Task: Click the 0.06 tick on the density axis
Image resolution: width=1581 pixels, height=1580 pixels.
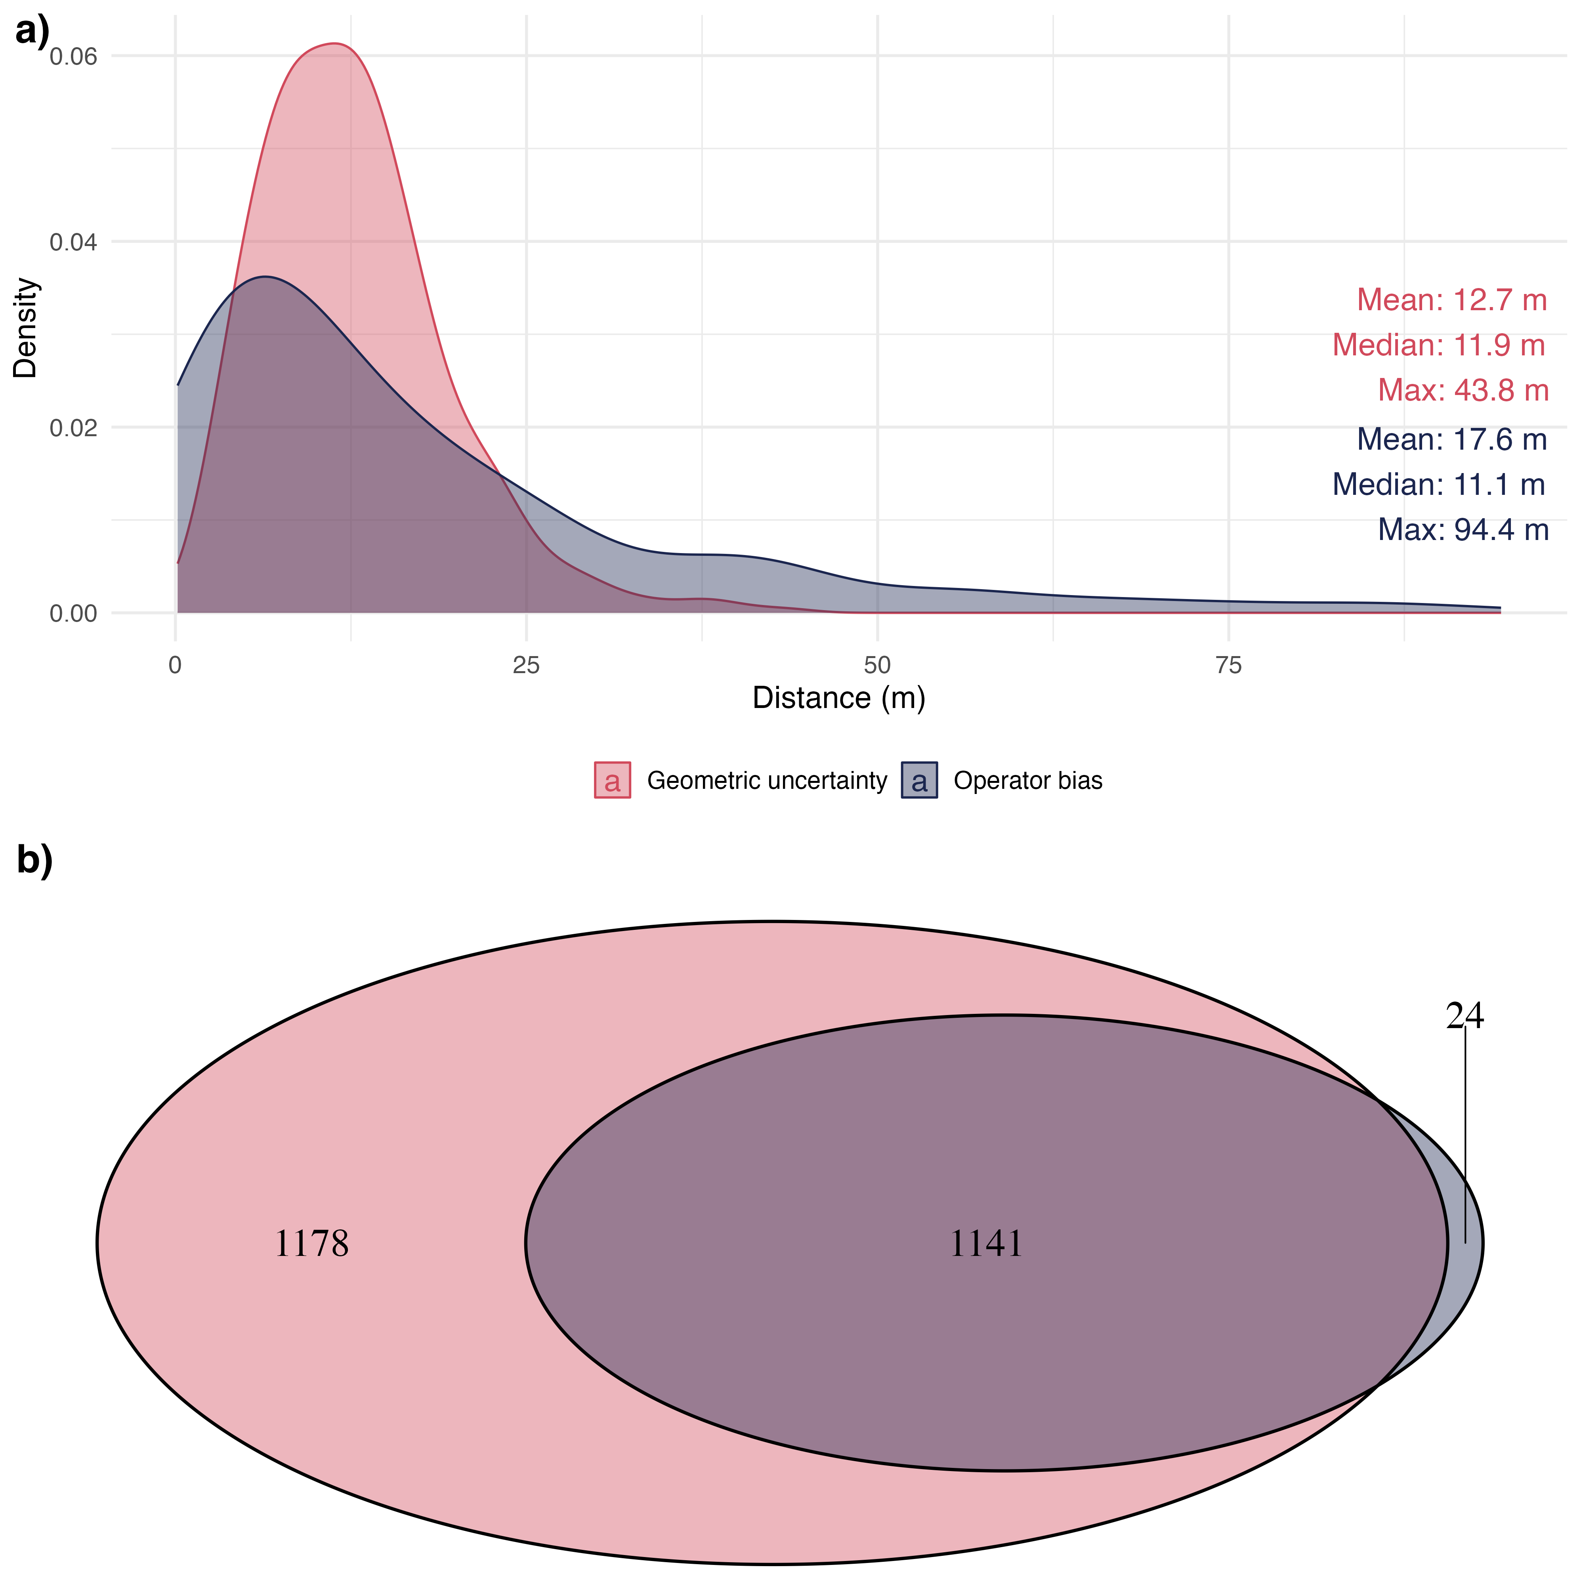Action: click(x=74, y=57)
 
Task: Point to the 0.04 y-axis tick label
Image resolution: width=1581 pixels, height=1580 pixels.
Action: click(x=74, y=242)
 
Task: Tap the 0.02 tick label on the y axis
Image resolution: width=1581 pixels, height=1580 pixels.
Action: click(x=74, y=428)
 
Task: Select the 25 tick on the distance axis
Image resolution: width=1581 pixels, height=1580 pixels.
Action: click(x=526, y=665)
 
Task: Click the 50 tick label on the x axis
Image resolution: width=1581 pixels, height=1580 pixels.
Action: click(x=877, y=665)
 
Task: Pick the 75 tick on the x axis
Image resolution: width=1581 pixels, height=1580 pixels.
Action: click(x=1228, y=665)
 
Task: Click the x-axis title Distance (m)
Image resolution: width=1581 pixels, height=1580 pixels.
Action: click(x=839, y=698)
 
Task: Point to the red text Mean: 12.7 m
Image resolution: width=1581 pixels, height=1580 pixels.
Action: click(x=1452, y=300)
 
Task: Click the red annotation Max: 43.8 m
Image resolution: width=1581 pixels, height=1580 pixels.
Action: click(x=1463, y=390)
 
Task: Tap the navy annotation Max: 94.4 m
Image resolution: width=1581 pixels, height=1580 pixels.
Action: click(x=1463, y=530)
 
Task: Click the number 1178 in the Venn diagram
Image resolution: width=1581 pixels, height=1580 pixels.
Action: click(x=311, y=1244)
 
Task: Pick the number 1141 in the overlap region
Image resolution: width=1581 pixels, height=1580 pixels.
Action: click(x=985, y=1244)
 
